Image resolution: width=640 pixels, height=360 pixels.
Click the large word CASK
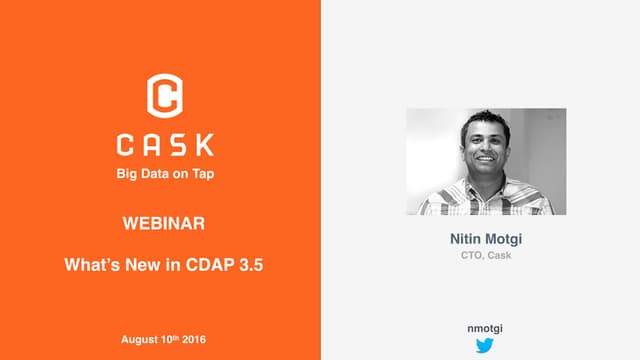165,145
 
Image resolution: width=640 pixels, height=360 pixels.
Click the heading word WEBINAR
164,222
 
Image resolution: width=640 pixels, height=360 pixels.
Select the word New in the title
134,267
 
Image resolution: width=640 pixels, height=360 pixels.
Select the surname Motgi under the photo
507,240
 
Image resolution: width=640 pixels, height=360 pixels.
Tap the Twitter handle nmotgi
486,327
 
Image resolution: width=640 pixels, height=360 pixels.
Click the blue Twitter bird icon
486,346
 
